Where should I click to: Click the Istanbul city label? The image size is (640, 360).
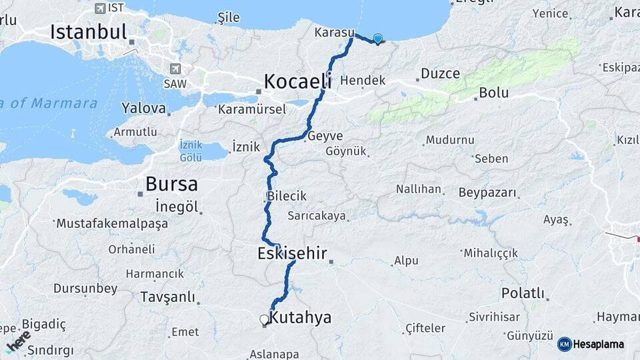pos(88,31)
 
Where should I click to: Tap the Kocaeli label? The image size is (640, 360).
pos(297,81)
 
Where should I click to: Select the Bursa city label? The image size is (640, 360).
pos(171,183)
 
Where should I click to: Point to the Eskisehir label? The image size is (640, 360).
pos(292,253)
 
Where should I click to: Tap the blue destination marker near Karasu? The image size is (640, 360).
pos(378,39)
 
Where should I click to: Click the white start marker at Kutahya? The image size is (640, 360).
pos(265,320)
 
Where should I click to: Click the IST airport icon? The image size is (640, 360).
pos(100,8)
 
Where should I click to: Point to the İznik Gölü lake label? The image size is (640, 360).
pos(191,151)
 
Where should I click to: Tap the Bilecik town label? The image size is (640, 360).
pos(287,196)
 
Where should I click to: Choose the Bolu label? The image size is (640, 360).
pos(494,93)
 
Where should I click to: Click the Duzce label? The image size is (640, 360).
pos(436,75)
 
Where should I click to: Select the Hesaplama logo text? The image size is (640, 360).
pos(599,344)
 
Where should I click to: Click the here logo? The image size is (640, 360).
pos(19,341)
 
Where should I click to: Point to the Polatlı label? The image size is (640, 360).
pos(523,293)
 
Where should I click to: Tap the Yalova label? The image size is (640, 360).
pos(144,107)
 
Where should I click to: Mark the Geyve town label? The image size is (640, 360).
pos(325,136)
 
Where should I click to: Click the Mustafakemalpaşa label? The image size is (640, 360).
pos(112,223)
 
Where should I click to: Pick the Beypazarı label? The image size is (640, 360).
pos(487,193)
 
